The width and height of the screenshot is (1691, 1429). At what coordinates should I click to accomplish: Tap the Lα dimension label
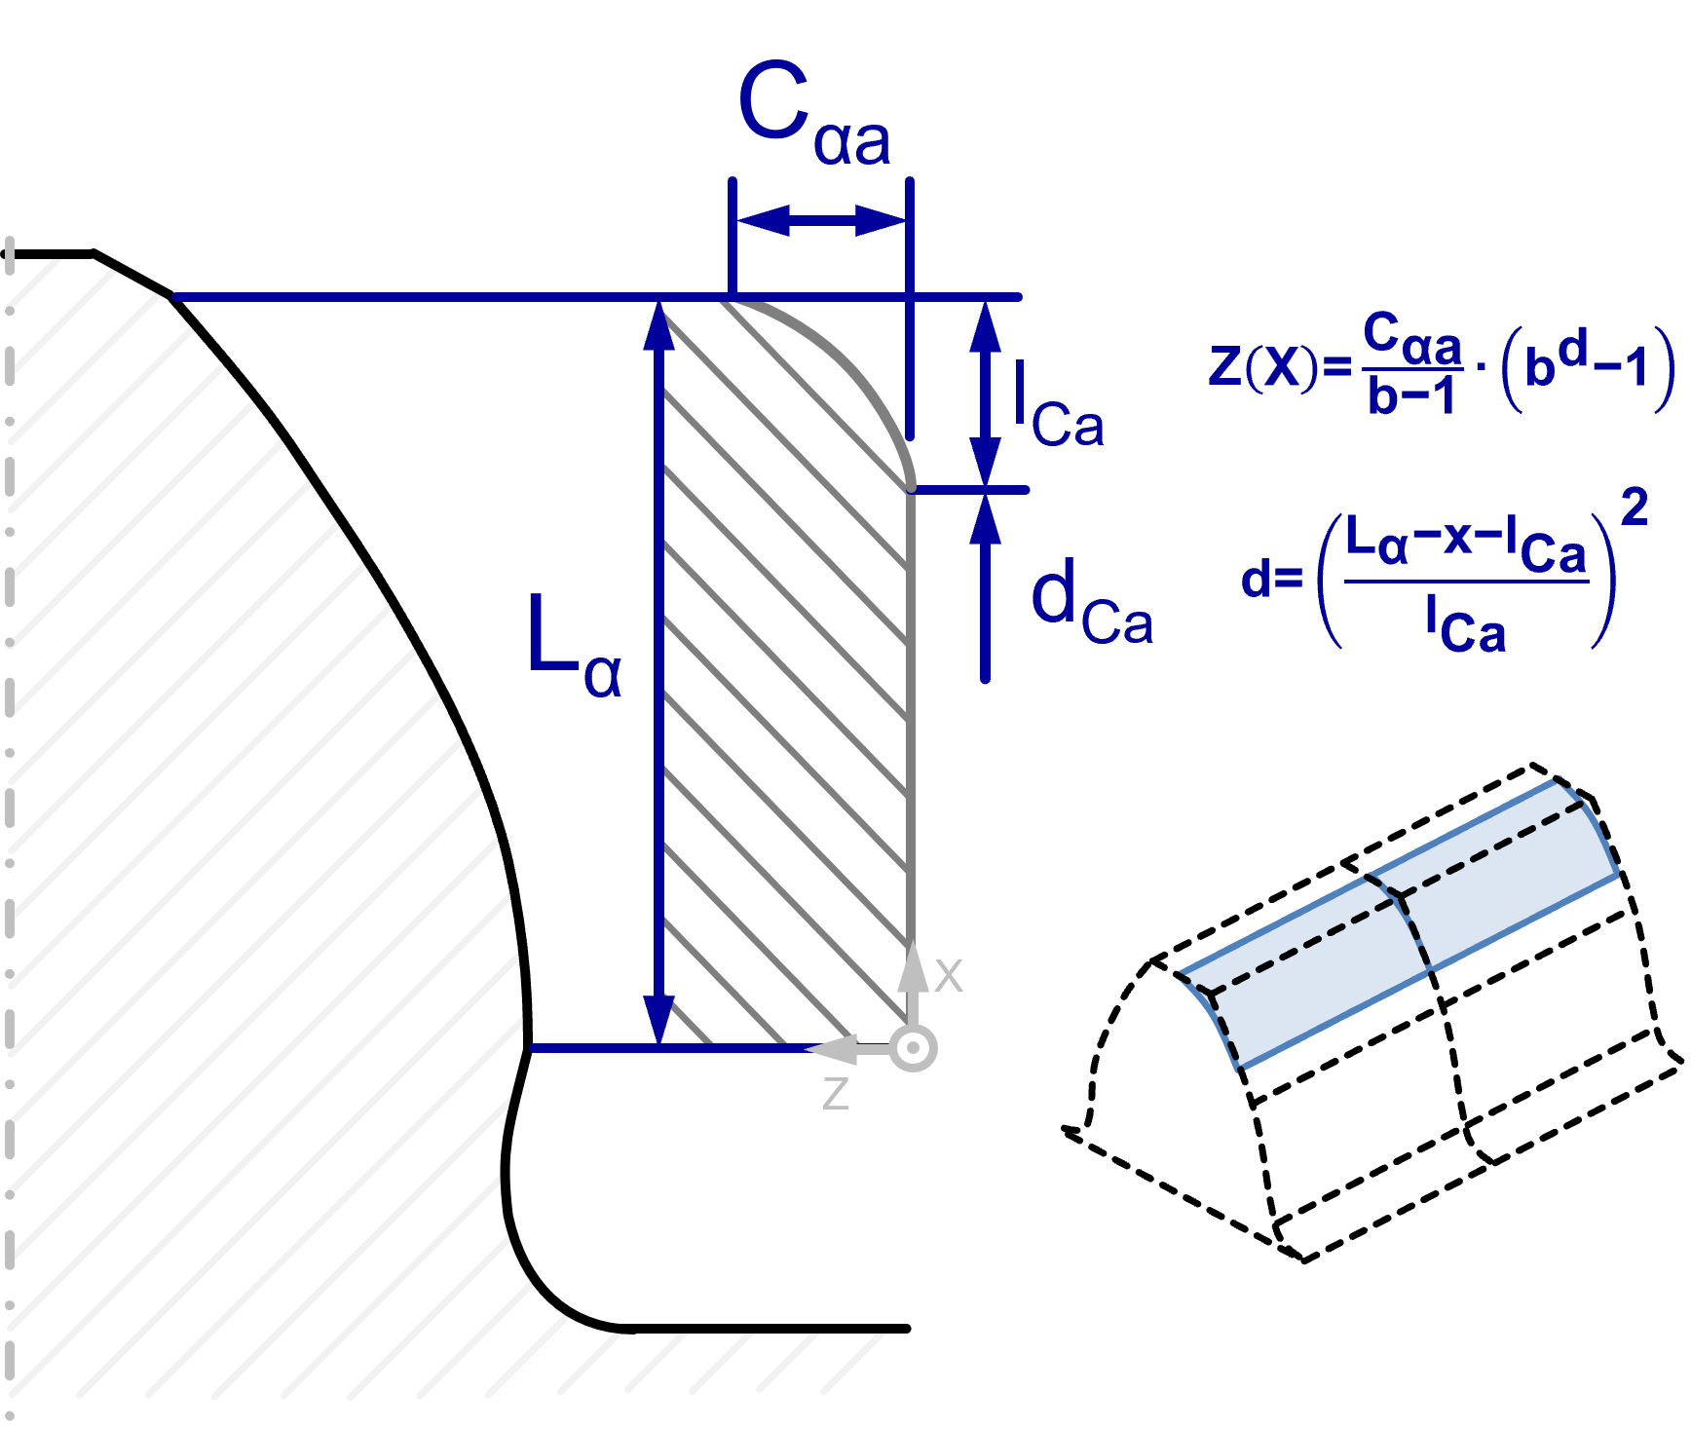[x=574, y=644]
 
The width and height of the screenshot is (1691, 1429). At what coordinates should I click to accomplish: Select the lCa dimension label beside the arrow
[x=1058, y=403]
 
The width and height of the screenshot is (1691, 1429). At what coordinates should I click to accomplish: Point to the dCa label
[x=1092, y=601]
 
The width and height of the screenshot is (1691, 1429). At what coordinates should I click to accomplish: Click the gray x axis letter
[x=948, y=975]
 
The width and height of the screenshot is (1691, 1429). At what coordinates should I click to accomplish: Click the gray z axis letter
[x=836, y=1093]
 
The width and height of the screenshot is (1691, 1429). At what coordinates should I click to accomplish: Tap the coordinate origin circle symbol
[x=914, y=1049]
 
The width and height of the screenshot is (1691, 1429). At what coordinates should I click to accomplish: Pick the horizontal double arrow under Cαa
[x=821, y=221]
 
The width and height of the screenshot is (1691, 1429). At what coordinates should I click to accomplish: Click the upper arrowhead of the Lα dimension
[x=659, y=325]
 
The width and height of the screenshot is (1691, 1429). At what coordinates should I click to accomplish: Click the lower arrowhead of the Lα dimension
[x=659, y=1021]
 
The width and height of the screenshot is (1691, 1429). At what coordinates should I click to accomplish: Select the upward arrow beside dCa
[x=986, y=587]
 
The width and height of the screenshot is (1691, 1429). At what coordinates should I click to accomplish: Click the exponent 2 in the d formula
[x=1635, y=508]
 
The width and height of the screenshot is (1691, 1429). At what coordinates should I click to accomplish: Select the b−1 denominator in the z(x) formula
[x=1411, y=395]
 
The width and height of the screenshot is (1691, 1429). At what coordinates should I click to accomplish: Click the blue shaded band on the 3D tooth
[x=1400, y=923]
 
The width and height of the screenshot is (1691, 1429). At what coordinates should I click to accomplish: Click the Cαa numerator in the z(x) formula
[x=1412, y=338]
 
